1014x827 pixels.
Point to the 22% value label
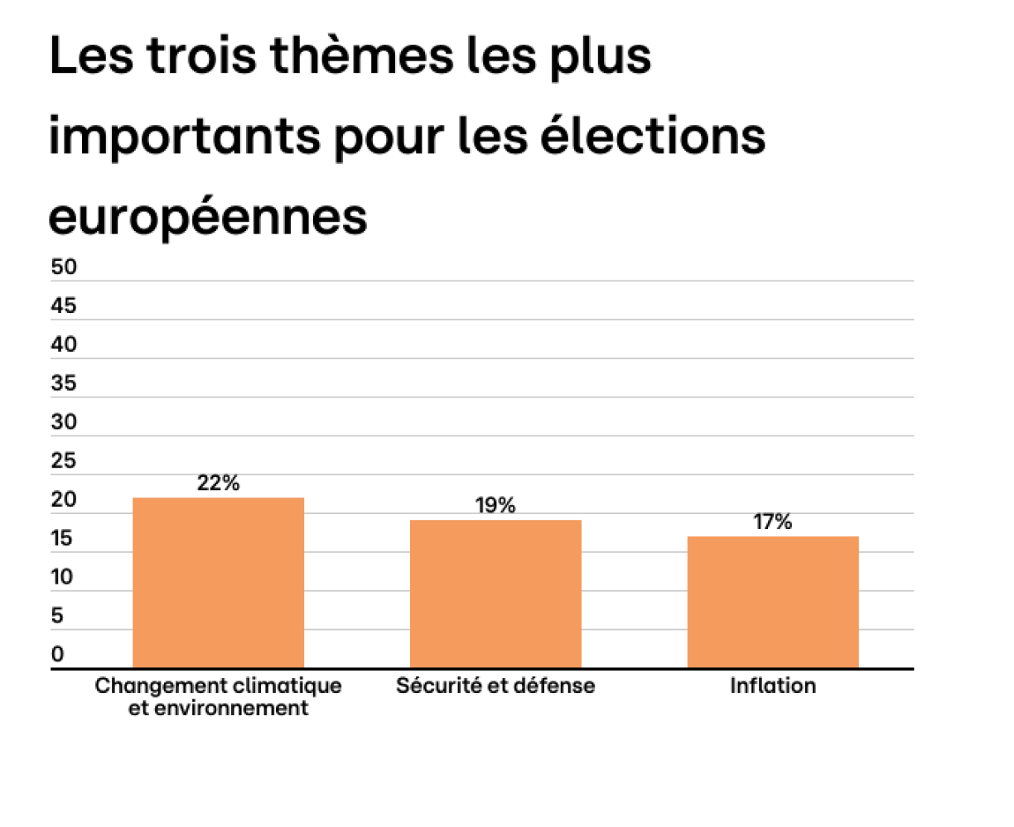[x=218, y=483]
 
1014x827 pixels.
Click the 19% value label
[x=495, y=506]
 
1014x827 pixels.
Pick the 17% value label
[x=773, y=522]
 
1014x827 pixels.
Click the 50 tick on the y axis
[x=64, y=267]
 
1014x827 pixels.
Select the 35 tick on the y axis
[x=64, y=383]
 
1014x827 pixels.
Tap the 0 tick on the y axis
[x=57, y=654]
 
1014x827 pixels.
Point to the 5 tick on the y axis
[x=57, y=616]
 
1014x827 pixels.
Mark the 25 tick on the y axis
[x=64, y=460]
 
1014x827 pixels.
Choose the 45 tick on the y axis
[x=64, y=305]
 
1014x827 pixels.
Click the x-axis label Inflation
[x=773, y=685]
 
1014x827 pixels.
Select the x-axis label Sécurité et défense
[x=495, y=685]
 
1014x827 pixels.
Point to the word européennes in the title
[x=208, y=217]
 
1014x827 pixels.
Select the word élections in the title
[x=653, y=137]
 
